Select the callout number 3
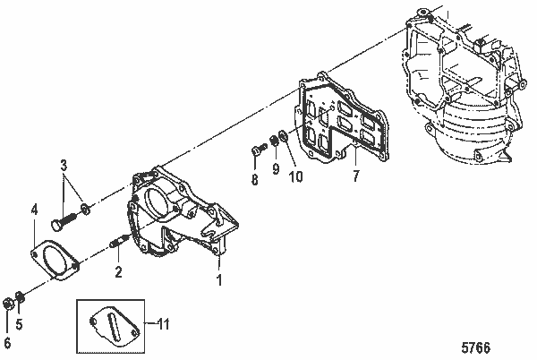(x=64, y=165)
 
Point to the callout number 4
(x=33, y=210)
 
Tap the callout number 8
(x=254, y=180)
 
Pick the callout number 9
(x=276, y=169)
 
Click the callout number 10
(x=295, y=176)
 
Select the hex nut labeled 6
(x=8, y=302)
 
